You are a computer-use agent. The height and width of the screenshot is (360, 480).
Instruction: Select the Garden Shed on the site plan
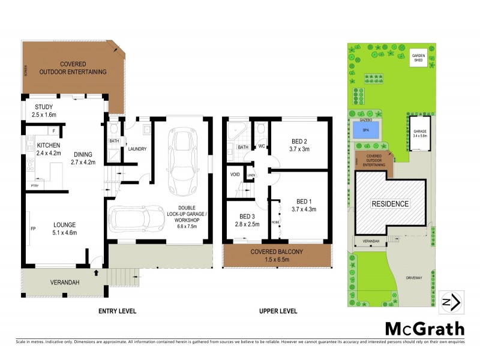418,58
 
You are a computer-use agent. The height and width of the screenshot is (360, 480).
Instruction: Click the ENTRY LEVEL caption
117,311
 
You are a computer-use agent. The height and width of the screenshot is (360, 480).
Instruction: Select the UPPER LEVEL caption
278,311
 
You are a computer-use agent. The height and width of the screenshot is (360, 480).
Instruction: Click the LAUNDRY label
137,149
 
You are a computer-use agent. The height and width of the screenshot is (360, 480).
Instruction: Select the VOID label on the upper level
235,175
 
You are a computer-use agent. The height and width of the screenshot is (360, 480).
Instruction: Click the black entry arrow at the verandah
97,272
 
